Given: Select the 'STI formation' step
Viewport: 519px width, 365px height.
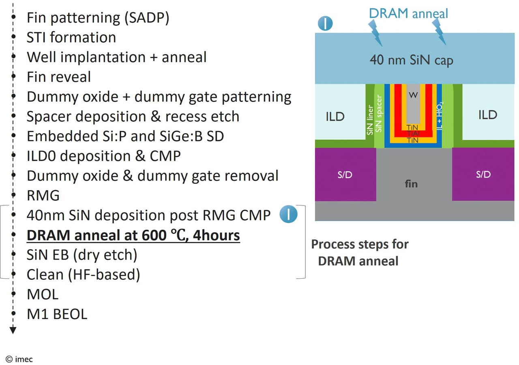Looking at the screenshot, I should point(71,38).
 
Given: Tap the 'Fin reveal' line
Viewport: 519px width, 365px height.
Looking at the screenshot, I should point(59,77).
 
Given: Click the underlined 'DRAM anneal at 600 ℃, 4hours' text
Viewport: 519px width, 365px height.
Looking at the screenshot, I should point(133,235).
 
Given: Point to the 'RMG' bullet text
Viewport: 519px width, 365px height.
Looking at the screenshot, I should point(43,196).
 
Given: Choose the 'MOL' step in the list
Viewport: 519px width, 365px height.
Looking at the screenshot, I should point(43,295).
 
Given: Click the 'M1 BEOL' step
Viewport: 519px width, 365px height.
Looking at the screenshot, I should point(57,314).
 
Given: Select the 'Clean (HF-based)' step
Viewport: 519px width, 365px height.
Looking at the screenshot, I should point(83,275).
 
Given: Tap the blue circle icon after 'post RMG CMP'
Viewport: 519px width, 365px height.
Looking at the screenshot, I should point(288,215).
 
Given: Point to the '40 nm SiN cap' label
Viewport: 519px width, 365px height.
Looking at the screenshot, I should point(411,60).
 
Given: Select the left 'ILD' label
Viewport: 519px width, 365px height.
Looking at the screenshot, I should point(335,117).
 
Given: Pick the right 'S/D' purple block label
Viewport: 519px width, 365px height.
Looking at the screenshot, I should point(483,175).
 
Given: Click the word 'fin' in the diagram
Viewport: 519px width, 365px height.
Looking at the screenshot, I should point(411,184).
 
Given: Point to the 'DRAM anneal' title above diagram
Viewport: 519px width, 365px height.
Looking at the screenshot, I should point(408,13).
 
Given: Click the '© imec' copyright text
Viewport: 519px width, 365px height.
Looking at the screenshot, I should point(19,359).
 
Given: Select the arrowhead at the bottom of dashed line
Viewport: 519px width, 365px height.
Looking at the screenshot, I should point(13,330).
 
